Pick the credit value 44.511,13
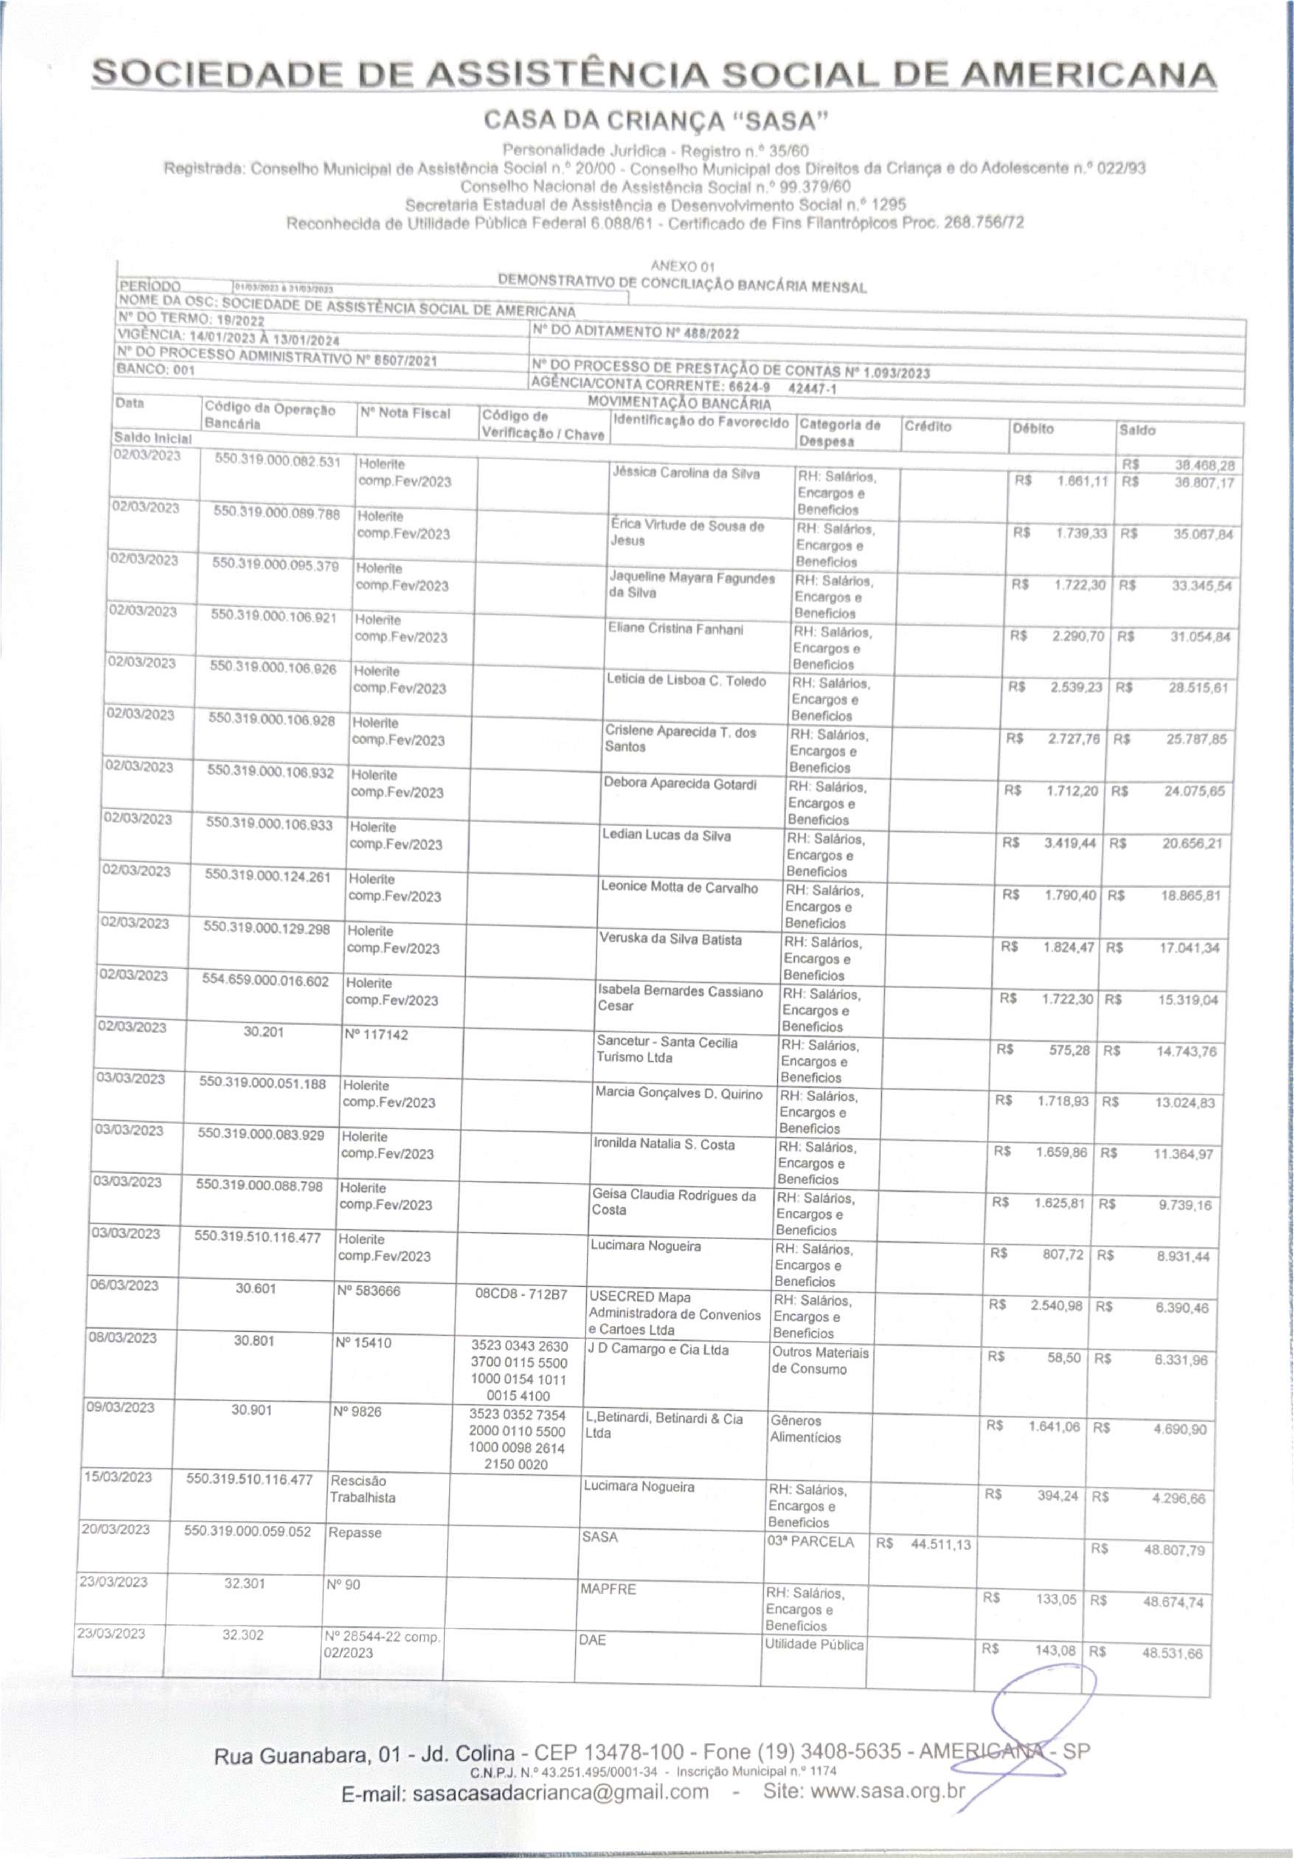point(939,1544)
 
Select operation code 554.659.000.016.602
point(266,981)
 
